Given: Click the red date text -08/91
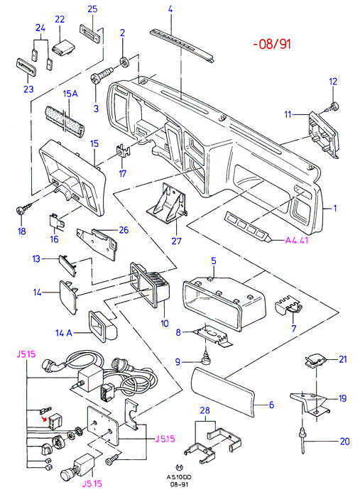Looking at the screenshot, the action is (x=272, y=43).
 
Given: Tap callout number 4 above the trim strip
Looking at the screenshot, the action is (x=170, y=9).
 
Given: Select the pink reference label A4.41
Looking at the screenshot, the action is (x=296, y=241).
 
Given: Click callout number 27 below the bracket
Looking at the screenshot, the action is (x=176, y=241).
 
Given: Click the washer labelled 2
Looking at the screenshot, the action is (x=124, y=62).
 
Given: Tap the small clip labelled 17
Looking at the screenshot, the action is (x=123, y=151).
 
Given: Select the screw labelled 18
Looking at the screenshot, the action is (x=24, y=209).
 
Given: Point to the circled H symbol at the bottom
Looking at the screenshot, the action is (x=179, y=468).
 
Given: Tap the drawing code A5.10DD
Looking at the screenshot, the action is (x=179, y=477).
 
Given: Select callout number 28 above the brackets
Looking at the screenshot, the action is (x=204, y=410).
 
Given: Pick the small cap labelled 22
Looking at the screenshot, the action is (x=64, y=48).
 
